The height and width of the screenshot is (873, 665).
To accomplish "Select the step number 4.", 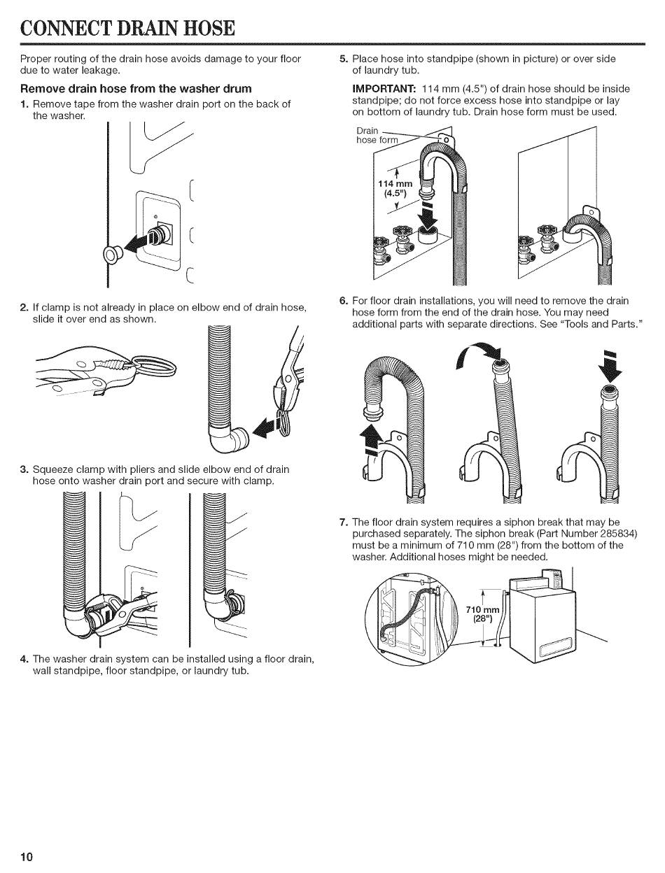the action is pyautogui.click(x=24, y=660).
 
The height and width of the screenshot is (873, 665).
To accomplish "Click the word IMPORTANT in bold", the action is pyautogui.click(x=384, y=89).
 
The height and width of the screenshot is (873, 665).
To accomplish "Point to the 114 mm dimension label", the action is pyautogui.click(x=395, y=184).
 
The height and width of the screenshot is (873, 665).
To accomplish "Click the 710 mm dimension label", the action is pyautogui.click(x=482, y=610).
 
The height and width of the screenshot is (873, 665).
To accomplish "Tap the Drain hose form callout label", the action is pyautogui.click(x=377, y=135).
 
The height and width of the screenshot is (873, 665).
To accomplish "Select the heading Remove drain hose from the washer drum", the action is pyautogui.click(x=136, y=88).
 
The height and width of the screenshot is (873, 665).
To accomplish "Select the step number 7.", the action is pyautogui.click(x=344, y=523).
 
